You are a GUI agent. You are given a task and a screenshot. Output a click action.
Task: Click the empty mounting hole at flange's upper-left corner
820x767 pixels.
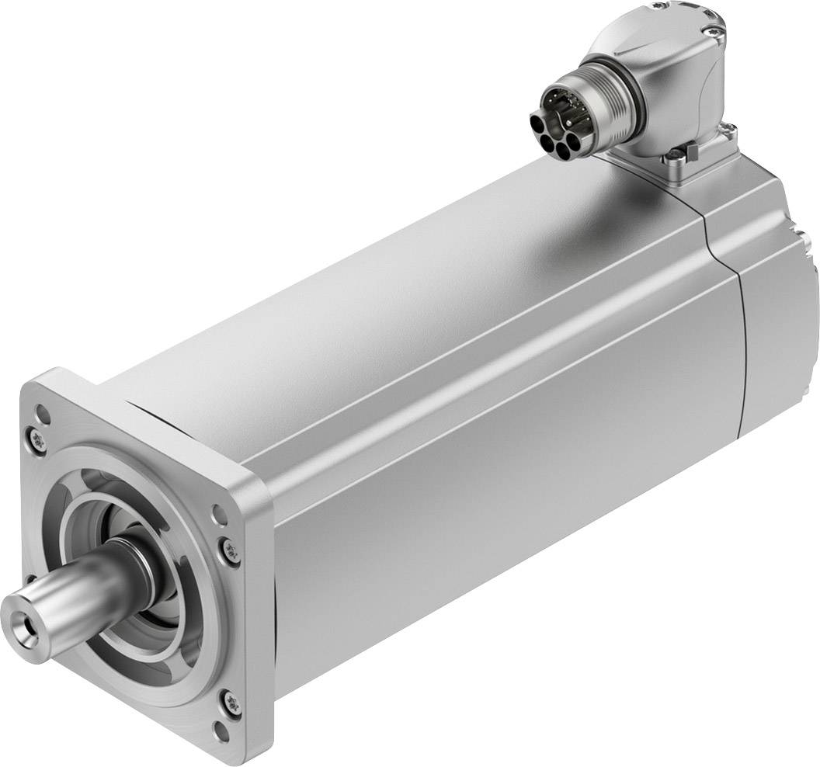[44, 414]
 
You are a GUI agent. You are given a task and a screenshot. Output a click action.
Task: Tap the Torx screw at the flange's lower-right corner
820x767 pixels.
[235, 703]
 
